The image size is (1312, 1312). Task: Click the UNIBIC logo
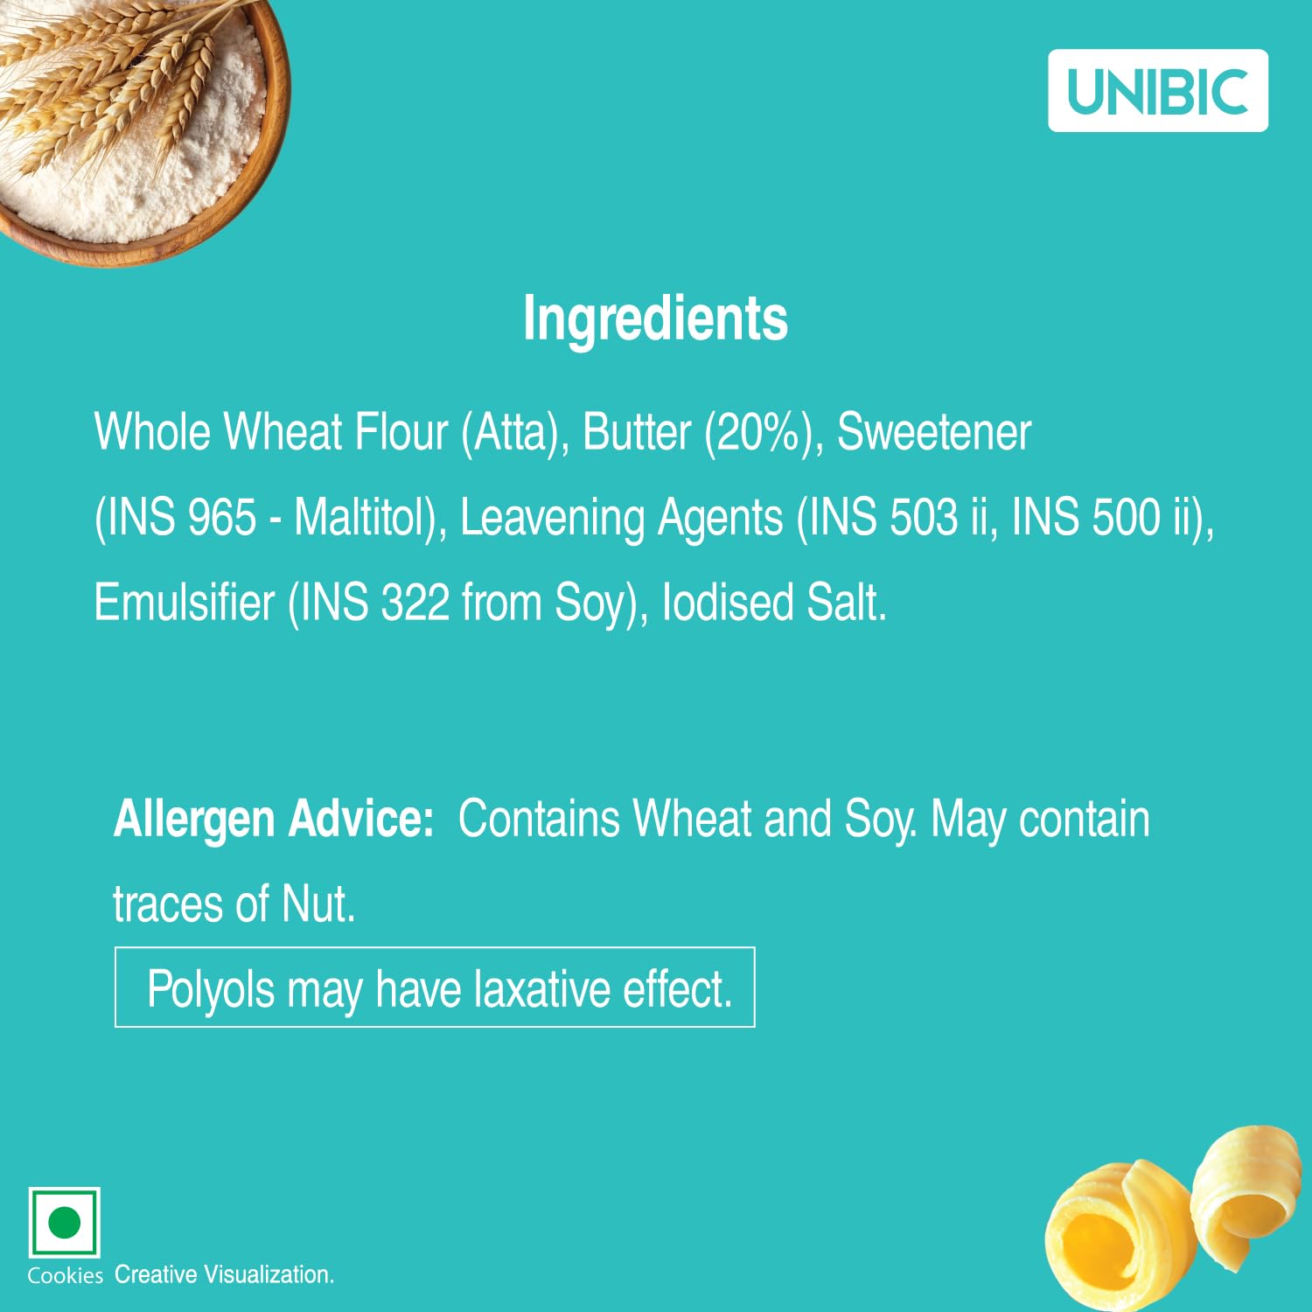[x=1158, y=91]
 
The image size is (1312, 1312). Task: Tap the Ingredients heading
[x=655, y=319]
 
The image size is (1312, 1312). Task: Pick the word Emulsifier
[x=184, y=602]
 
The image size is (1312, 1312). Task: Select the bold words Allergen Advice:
[x=274, y=820]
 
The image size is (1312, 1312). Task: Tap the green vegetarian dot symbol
[x=64, y=1222]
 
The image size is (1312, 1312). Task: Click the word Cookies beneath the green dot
[x=65, y=1276]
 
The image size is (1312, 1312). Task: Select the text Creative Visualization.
[x=224, y=1274]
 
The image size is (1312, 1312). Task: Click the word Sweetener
[x=934, y=433]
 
